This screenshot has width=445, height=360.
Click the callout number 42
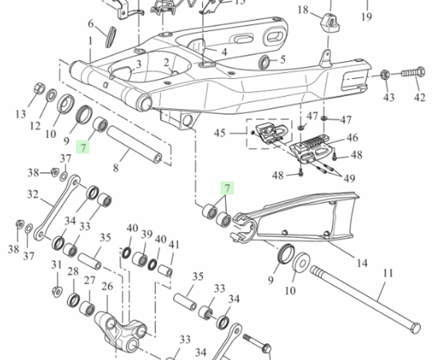coord(419,98)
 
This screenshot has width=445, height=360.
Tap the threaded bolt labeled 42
coord(413,73)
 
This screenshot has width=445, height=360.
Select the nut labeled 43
coord(385,74)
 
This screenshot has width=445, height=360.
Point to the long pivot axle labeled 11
coord(365,299)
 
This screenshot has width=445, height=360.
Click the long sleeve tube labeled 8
coord(134,145)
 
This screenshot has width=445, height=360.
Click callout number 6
coord(91,24)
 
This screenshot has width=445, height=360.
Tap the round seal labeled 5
coord(265,63)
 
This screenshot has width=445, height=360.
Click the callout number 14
coord(361,263)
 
